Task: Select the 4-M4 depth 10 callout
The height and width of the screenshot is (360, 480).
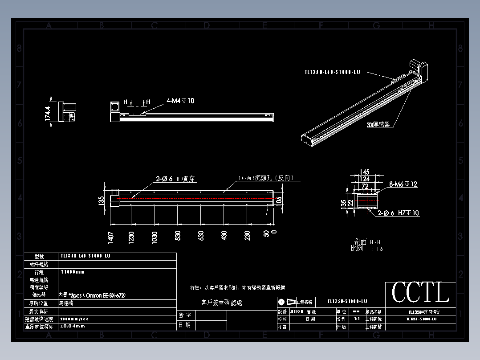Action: [180, 101]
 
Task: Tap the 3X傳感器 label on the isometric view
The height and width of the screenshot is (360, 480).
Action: [378, 125]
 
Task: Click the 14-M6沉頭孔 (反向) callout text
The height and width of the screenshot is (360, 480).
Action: [266, 178]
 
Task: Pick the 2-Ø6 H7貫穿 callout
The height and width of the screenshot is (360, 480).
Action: [175, 179]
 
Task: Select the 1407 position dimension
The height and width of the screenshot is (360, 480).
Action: [111, 237]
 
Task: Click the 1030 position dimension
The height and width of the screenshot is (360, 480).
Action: [155, 237]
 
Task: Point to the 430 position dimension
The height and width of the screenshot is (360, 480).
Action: [224, 236]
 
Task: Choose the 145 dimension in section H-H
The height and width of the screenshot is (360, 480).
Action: [365, 172]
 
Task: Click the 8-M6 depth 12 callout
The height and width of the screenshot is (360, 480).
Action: [403, 184]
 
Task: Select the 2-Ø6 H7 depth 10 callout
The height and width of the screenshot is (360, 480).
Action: [399, 213]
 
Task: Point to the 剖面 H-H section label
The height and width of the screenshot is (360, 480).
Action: [366, 242]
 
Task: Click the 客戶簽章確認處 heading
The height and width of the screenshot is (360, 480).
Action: [222, 303]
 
